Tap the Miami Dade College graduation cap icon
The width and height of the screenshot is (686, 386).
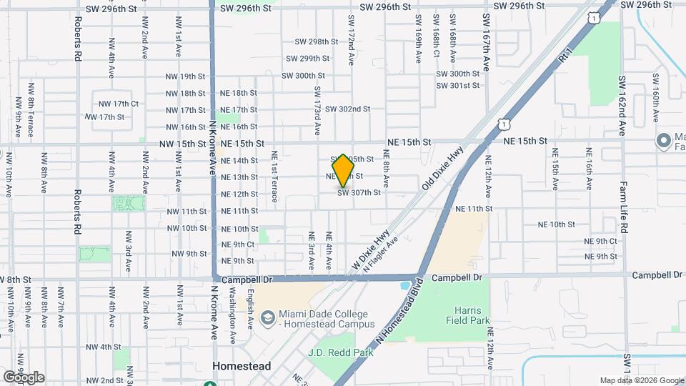point(267,316)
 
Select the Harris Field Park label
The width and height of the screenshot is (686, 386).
point(472,315)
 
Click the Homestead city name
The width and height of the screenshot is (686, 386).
point(242,366)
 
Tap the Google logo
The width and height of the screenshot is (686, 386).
point(24,377)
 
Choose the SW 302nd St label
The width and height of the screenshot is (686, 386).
point(347,109)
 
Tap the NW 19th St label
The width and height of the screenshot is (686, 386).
point(183,76)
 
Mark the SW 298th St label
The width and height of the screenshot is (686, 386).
point(313,42)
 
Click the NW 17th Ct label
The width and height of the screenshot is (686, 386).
point(118,104)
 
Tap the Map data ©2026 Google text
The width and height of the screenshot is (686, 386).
point(642,380)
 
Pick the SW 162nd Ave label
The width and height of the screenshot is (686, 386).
point(622,107)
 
